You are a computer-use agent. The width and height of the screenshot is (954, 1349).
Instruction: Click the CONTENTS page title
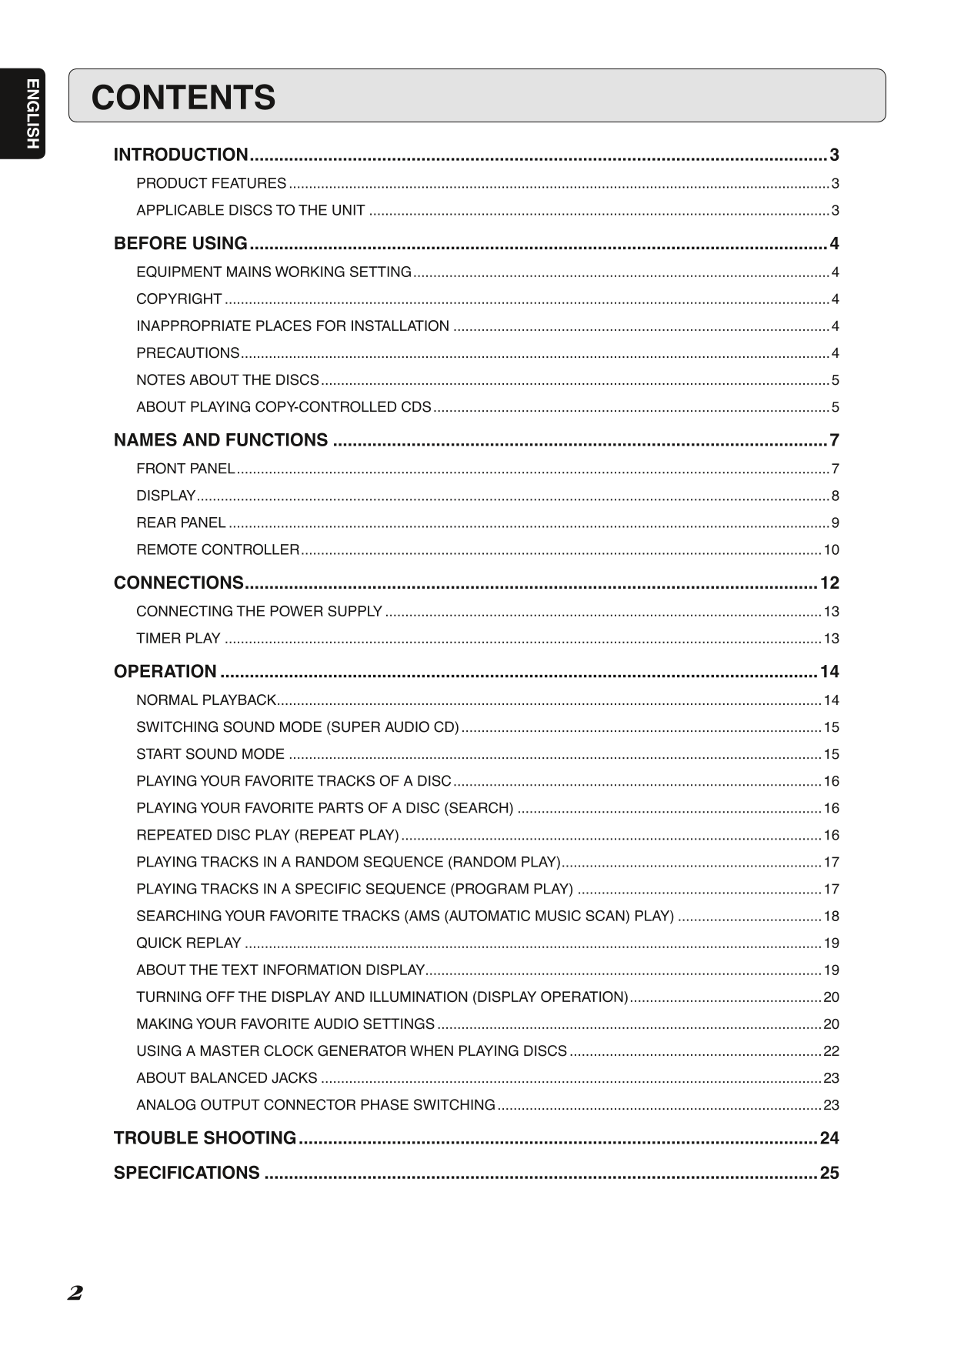coord(183,98)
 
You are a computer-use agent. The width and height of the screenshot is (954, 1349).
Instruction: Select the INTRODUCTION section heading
coord(181,155)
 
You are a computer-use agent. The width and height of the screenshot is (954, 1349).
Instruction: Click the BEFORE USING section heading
coord(181,243)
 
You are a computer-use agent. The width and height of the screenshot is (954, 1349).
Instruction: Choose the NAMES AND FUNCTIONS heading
coord(221,440)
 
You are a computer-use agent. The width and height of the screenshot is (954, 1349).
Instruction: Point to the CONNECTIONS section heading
coord(178,583)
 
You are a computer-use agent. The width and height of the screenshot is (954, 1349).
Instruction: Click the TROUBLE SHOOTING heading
coord(205,1137)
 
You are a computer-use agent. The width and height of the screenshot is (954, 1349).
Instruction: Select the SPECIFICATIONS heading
coord(187,1173)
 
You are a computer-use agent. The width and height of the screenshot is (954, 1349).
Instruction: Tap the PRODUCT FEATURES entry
coord(211,183)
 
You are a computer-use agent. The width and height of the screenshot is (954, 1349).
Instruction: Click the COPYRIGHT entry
coord(179,299)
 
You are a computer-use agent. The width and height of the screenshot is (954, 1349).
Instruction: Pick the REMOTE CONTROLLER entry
coord(218,549)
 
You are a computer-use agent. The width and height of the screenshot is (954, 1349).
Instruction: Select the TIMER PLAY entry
coord(178,638)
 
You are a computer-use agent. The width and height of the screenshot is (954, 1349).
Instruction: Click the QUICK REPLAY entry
coord(188,943)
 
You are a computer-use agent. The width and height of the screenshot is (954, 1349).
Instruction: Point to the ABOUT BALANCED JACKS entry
coord(227,1077)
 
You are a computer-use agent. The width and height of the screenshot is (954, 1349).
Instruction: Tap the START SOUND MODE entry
coord(210,754)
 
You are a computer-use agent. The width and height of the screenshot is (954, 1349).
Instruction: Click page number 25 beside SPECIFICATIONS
coord(829,1173)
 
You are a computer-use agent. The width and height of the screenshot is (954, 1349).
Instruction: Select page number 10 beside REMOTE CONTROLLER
coord(831,549)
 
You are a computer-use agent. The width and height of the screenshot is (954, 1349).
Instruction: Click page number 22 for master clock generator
coord(831,1050)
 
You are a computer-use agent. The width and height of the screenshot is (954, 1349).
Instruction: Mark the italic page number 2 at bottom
coord(75,1293)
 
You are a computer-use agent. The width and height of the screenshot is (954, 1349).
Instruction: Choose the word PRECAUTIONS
coord(188,353)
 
